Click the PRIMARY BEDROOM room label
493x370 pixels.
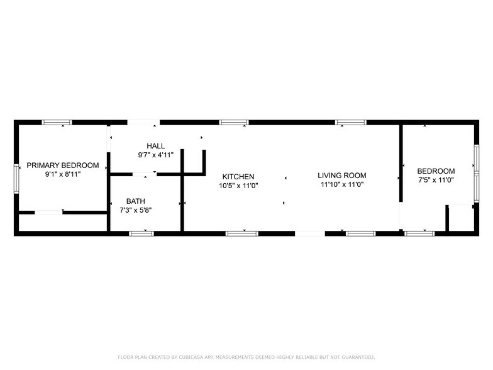[63, 165]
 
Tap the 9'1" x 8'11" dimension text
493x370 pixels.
[63, 174]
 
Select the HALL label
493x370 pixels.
[156, 146]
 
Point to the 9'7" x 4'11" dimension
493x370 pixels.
[156, 155]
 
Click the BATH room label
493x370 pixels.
[135, 201]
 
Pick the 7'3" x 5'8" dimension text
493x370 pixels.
[135, 210]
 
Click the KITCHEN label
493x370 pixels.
[238, 177]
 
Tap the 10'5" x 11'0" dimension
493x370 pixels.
[238, 186]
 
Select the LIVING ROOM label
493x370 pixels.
[341, 176]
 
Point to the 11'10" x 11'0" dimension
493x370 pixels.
[342, 185]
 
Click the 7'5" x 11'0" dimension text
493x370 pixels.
[436, 180]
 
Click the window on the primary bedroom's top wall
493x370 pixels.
[57, 122]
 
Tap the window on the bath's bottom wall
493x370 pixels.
[141, 233]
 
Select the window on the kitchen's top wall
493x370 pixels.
[233, 122]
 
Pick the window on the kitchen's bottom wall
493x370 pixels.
[241, 233]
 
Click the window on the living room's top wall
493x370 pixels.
[350, 122]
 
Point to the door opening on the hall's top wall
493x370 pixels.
[143, 122]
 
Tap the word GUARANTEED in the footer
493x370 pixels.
[355, 357]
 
